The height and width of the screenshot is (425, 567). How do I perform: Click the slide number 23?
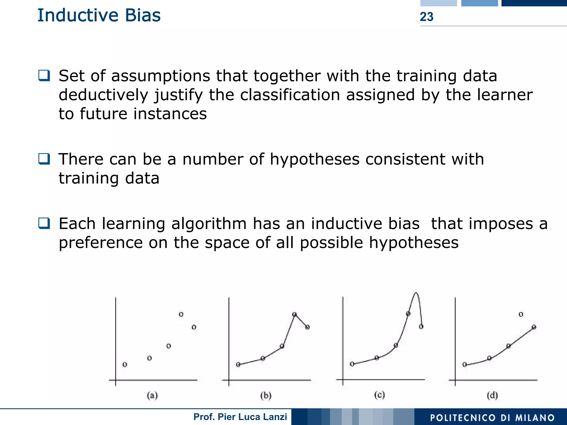426,17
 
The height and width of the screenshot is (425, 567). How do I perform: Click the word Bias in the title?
143,15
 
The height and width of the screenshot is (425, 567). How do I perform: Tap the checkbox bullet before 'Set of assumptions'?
44,75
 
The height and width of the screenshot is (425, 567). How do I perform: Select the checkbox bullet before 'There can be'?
44,159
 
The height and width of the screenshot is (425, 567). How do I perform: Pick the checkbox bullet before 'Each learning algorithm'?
44,223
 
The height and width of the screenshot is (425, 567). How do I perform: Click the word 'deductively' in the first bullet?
103,95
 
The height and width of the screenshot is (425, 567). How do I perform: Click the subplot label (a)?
152,395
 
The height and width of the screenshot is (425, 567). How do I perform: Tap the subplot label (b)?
266,395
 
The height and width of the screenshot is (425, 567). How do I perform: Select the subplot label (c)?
379,395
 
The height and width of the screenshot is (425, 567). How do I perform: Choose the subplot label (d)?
492,395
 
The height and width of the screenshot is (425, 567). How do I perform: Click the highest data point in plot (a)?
181,314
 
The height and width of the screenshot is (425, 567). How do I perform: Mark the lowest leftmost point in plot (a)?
125,364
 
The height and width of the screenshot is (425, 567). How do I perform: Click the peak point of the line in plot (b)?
295,314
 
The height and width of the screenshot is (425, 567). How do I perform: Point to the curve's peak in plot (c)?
416,293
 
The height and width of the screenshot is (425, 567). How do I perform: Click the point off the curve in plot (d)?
521,314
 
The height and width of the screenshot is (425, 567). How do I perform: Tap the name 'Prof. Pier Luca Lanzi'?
240,417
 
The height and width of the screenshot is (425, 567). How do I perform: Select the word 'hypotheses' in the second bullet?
315,159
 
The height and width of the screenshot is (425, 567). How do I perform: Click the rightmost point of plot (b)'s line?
307,327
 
